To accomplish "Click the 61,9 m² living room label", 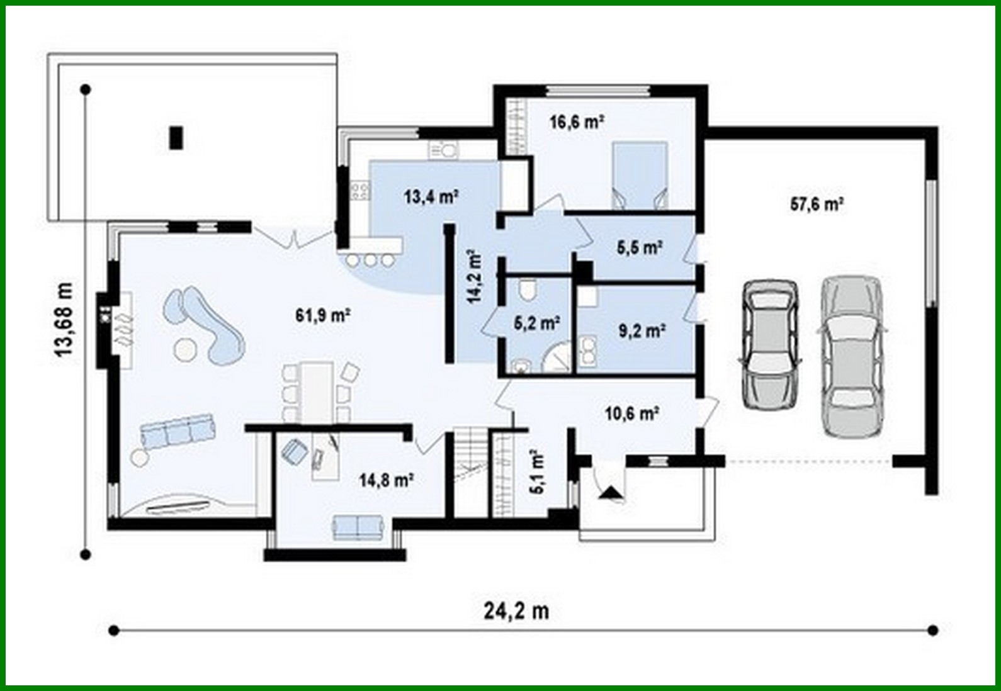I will point(323,315).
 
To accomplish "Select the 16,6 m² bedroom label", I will point(577,121).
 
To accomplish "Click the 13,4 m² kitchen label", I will point(431,197).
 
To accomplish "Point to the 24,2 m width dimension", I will point(516,610).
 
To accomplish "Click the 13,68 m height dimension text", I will point(64,320).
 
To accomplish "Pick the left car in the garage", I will point(771,344).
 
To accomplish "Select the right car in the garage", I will point(851,356).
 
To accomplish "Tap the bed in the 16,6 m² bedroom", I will point(639,175).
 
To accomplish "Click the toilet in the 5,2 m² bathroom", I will point(527,291).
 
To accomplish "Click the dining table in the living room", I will point(316,391).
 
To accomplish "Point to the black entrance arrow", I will point(609,493).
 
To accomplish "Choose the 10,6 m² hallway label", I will point(631,413).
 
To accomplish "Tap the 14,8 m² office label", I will point(386,481).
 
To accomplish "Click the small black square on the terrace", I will point(176,138).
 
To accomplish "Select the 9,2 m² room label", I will point(642,330).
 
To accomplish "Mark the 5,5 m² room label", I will point(639,247).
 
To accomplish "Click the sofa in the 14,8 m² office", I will point(358,527).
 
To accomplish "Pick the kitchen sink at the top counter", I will point(444,150).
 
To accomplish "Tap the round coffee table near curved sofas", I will point(186,349).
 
